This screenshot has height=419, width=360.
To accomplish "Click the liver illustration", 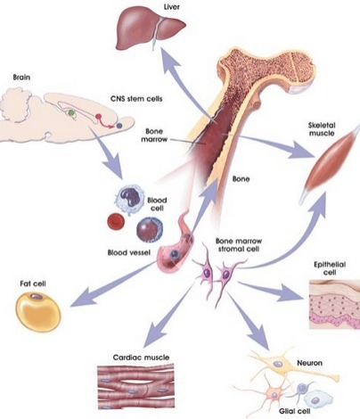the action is point(149,29).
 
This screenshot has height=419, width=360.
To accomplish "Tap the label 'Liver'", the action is point(172,6).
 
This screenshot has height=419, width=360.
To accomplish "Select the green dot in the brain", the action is point(71,112).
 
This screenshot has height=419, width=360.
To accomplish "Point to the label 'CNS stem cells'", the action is point(136,98).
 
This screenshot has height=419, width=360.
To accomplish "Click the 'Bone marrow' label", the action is point(154,135).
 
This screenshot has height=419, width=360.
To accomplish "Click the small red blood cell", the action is point(116,221).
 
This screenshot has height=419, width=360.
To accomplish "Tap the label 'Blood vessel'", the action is point(129,252).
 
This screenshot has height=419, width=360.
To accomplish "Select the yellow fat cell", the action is point(37,312).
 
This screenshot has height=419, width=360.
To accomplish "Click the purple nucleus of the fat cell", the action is point(37,296).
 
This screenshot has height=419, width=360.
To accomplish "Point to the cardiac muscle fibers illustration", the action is point(135,387).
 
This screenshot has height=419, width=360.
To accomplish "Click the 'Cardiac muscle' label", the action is point(141,357).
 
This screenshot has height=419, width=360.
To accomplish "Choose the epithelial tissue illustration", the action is point(334,304).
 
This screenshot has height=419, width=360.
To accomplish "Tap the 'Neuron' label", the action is point(309,363).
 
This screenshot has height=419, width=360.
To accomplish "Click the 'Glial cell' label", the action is point(294,411).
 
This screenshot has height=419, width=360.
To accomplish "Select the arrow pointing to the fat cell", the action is point(114,283).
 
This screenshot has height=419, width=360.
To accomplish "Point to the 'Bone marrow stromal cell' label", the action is point(239,244).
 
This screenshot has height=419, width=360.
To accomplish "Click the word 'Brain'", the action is point(21,78).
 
